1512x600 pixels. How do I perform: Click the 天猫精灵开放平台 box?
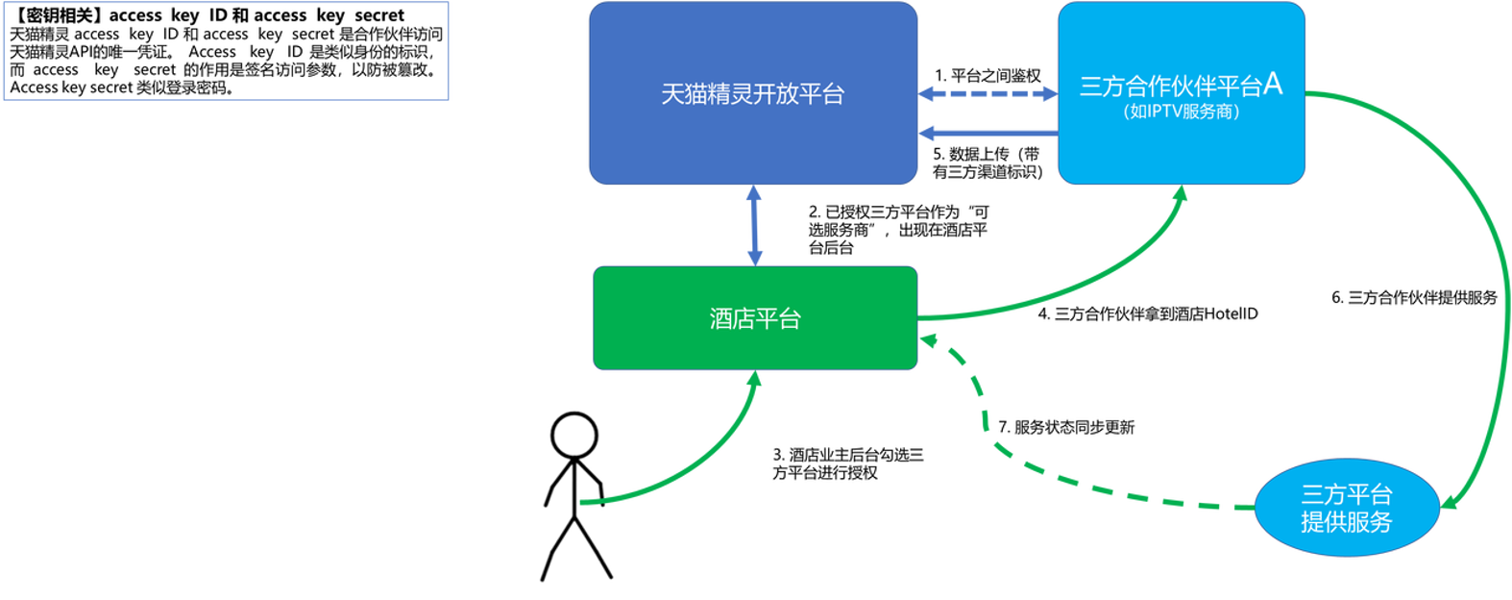pos(753,93)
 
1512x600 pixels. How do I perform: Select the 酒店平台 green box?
pos(755,318)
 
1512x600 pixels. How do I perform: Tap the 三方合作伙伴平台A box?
pos(1182,93)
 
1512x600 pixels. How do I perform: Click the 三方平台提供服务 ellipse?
pos(1347,508)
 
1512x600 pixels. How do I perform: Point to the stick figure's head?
pos(574,436)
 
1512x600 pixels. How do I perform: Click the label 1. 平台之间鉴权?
pos(988,75)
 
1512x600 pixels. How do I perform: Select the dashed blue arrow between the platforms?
pos(988,94)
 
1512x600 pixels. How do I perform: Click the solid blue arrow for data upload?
pos(988,133)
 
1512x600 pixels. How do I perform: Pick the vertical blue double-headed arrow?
pos(755,226)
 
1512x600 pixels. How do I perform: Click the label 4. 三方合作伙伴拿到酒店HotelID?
pos(1148,313)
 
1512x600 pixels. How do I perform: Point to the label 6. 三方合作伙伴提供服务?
pos(1414,297)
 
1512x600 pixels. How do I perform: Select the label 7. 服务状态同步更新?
pos(1066,427)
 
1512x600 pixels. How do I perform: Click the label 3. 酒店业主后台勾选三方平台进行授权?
pos(848,463)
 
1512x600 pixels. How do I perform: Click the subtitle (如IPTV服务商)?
pos(1182,111)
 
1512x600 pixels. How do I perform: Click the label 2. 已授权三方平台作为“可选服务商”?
pos(898,230)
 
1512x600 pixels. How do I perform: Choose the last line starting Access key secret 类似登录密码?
pos(122,87)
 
